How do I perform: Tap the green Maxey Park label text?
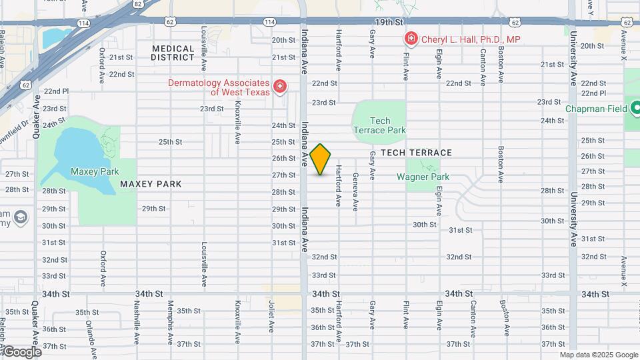[x=95, y=171]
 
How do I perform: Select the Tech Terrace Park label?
[x=379, y=125]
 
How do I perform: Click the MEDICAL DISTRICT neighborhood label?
[x=173, y=53]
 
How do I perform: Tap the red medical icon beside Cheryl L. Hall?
[x=410, y=39]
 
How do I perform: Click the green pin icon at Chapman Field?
[x=635, y=107]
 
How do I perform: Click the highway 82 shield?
[x=137, y=4]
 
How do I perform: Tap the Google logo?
[x=21, y=351]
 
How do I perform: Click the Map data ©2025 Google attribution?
[x=598, y=355]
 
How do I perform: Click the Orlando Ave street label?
[x=89, y=331]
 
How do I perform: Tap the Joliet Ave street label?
[x=271, y=319]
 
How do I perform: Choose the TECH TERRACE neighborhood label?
[x=417, y=153]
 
